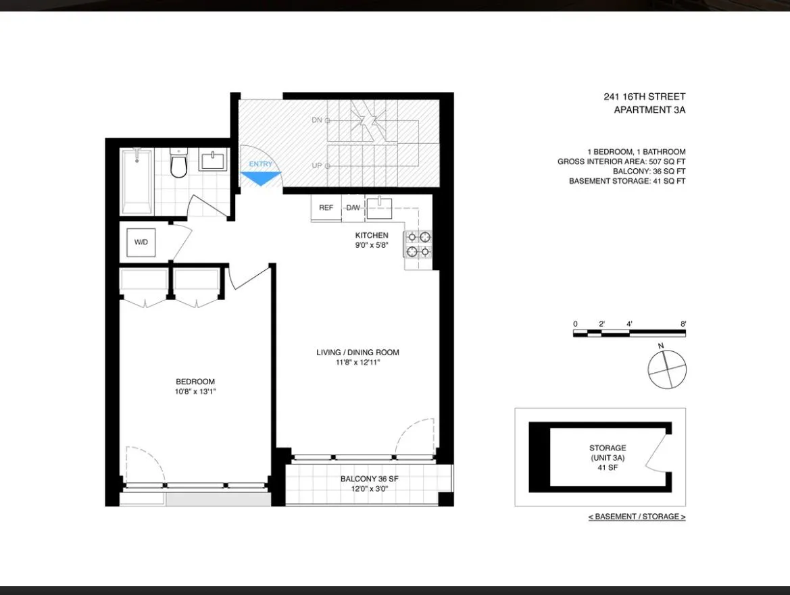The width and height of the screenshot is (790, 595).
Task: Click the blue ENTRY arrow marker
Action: tap(261, 178)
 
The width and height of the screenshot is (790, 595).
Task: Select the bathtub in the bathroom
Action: tap(137, 181)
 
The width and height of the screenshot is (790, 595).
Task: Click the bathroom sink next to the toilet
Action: tap(213, 162)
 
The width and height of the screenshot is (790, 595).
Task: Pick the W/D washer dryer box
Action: tap(141, 242)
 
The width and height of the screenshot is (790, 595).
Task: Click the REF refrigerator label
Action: tap(326, 208)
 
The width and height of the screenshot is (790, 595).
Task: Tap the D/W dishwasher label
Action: tap(353, 208)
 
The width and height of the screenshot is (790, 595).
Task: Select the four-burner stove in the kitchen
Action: tap(418, 244)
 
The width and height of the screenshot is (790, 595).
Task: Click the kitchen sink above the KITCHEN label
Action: tap(380, 207)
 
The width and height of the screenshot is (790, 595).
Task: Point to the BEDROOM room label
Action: tap(195, 382)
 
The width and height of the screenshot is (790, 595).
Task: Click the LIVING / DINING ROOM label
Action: tap(357, 353)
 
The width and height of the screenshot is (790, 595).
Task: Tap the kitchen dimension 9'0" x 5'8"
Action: tap(372, 246)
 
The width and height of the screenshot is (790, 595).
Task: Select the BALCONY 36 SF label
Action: tap(368, 479)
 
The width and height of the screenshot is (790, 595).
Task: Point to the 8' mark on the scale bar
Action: tap(683, 324)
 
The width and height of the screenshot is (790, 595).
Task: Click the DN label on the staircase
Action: tap(317, 120)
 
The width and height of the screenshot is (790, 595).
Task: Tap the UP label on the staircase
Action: tap(317, 165)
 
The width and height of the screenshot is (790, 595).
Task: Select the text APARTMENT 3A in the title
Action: tap(649, 110)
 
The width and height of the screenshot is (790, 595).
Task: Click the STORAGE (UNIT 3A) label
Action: tap(607, 452)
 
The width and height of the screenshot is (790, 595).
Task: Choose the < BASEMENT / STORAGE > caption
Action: tap(637, 517)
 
